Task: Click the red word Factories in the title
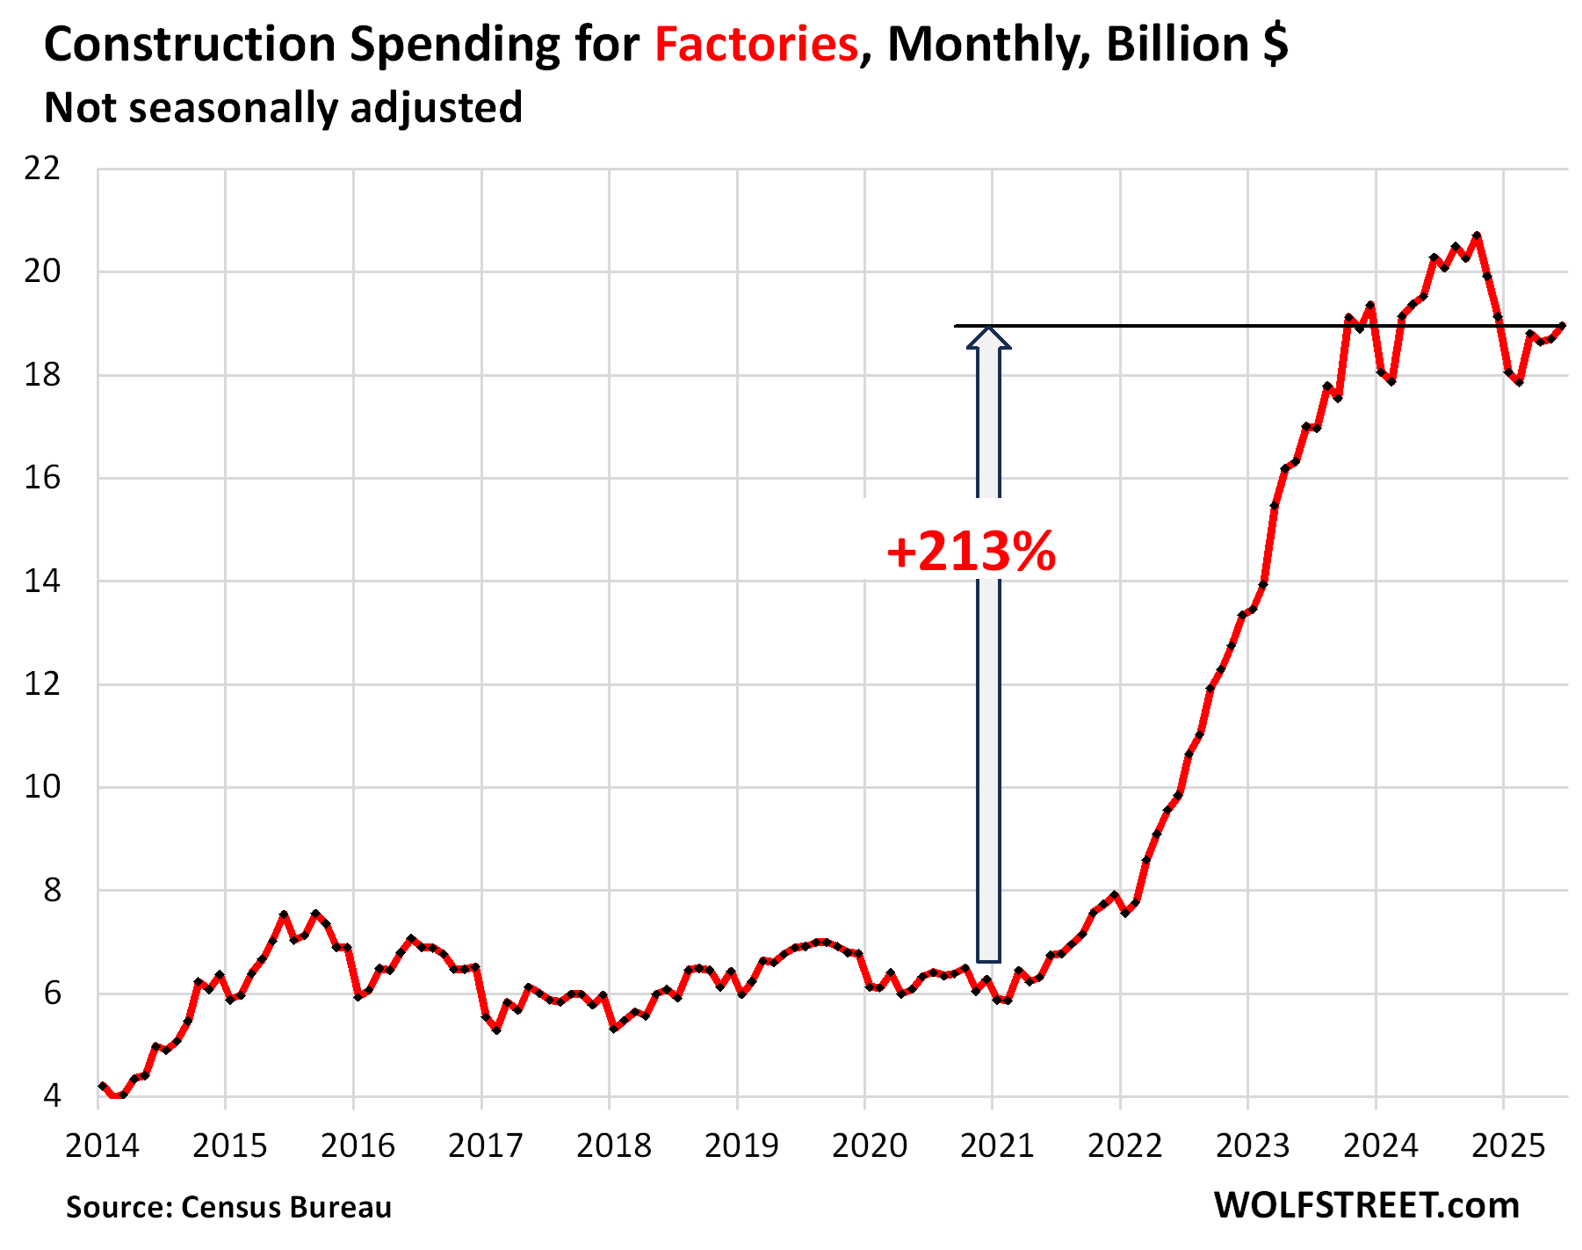pos(755,44)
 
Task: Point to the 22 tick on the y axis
pos(43,169)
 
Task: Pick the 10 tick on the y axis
pos(43,787)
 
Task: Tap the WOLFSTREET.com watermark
pos(1367,1205)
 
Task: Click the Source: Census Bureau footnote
pos(228,1207)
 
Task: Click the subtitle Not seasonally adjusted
pos(283,108)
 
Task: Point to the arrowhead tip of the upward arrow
pos(989,329)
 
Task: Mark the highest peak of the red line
pos(1477,235)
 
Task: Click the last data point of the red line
pos(1562,326)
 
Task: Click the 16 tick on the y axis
pos(43,478)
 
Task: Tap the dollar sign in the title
pos(1275,44)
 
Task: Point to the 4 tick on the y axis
pos(53,1096)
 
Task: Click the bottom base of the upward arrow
pos(989,960)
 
